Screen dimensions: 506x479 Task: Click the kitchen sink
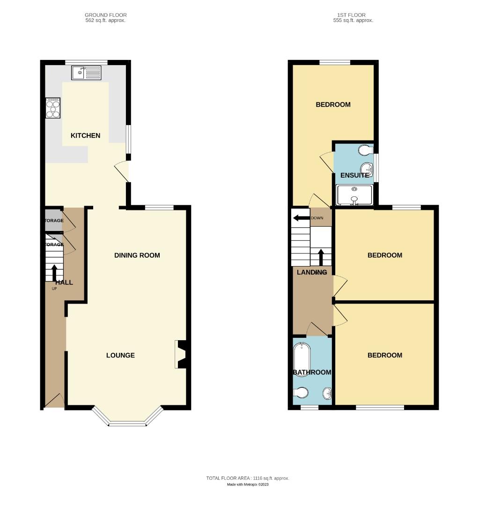[x=86, y=73]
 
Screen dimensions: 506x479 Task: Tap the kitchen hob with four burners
[x=52, y=109]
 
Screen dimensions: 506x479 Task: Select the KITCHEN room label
[x=85, y=135]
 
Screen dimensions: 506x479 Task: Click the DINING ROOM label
[x=137, y=255]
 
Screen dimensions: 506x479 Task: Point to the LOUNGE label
[x=120, y=355]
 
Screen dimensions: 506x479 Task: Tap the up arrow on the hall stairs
[x=54, y=272]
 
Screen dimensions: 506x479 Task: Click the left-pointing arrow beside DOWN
[x=300, y=218]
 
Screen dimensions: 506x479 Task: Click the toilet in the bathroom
[x=300, y=392]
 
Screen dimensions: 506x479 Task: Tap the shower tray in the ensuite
[x=354, y=195]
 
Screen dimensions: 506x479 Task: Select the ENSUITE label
[x=354, y=175]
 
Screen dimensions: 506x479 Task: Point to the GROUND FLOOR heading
[x=106, y=15]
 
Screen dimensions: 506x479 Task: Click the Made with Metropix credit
[x=248, y=484]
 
